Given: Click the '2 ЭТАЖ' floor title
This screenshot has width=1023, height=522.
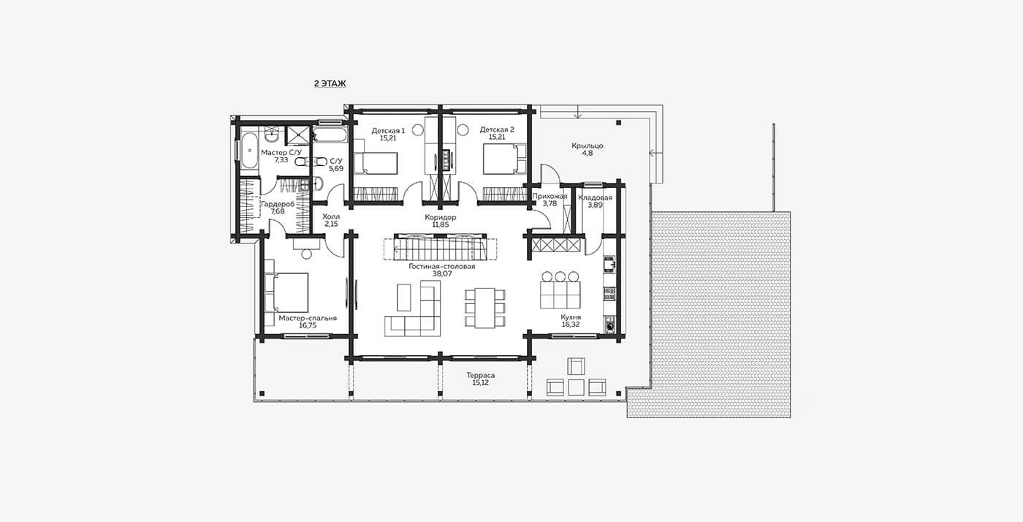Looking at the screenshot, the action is [330, 83].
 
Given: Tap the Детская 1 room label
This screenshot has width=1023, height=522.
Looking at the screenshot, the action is [388, 130].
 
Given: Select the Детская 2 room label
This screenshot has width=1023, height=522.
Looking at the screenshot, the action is [497, 129].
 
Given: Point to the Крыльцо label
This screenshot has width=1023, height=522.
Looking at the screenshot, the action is [587, 145].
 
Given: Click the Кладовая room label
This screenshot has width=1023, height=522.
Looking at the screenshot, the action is [595, 197].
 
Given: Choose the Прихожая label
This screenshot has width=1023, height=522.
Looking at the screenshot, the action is [549, 196].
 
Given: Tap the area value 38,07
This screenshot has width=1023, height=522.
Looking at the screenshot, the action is [442, 274].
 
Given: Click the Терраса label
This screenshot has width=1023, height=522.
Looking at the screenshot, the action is [481, 375].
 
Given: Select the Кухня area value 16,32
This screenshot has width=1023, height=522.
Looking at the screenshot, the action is [571, 324].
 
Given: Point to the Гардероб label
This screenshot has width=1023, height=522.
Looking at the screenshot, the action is [278, 204].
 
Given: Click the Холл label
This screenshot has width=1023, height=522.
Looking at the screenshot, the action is [331, 216].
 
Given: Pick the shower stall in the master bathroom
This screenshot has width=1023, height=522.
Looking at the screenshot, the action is [298, 135].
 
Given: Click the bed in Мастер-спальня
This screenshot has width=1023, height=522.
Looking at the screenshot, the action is [286, 292].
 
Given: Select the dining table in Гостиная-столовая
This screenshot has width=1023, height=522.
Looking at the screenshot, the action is [485, 308].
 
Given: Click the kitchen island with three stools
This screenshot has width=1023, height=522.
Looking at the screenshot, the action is [560, 295].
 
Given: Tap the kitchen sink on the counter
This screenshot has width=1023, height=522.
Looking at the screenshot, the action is [609, 264].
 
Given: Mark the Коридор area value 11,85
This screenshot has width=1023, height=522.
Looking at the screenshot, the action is [440, 225].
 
